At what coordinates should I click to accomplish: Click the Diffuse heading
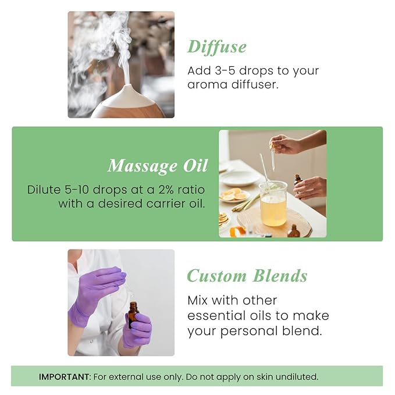point(216,47)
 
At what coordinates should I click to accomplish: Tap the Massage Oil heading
point(157,166)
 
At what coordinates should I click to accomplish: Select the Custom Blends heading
point(247,276)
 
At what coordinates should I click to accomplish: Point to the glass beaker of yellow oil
point(273,204)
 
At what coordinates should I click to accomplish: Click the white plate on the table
point(239,178)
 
